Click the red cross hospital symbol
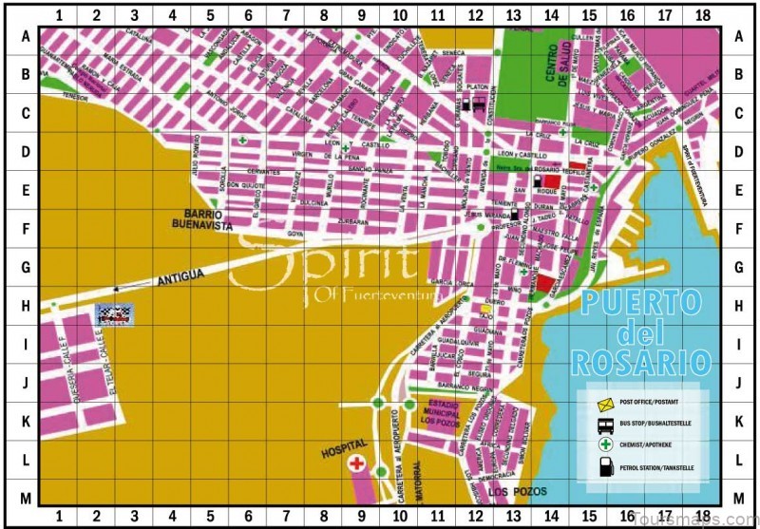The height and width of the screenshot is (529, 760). tap(357, 463)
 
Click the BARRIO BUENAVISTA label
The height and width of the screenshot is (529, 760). tap(203, 220)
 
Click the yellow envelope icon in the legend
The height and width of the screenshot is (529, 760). tap(604, 404)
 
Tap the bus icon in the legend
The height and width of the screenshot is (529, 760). tap(604, 425)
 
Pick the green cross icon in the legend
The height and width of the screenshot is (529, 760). tap(604, 445)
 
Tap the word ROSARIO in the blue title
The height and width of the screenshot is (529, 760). tap(641, 362)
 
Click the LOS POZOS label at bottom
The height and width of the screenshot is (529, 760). tap(510, 493)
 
